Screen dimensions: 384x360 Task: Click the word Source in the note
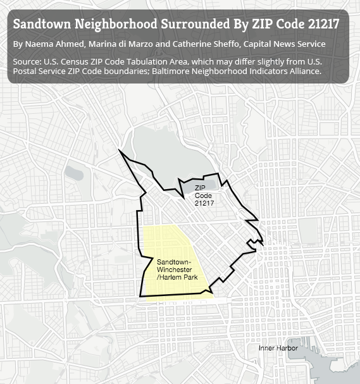point(26,62)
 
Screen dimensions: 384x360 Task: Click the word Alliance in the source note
point(302,71)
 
